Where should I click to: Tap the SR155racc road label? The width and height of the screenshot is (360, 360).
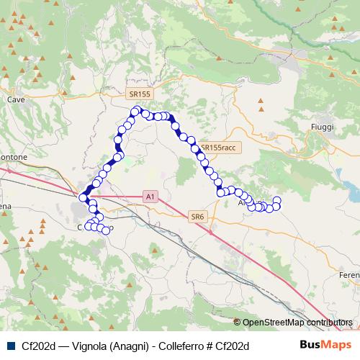coord(218,146)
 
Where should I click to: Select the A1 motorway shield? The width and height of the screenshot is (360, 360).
coord(150,195)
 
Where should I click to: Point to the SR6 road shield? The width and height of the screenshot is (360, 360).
coord(198,216)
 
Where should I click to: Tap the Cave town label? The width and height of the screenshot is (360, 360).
coord(15,99)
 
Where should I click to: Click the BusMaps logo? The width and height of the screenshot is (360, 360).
coord(325,345)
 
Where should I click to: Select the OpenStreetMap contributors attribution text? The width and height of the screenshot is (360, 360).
coord(297,322)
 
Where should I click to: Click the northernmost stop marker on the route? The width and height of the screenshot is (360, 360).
coord(135,110)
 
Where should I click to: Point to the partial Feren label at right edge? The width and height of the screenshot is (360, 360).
coord(348,276)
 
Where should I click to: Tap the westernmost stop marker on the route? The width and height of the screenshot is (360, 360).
coord(84,197)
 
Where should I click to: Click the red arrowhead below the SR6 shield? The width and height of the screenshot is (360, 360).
coord(210,232)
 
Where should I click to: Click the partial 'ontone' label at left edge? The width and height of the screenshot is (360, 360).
coord(13,157)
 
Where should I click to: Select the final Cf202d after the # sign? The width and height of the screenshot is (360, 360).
coord(233,346)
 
